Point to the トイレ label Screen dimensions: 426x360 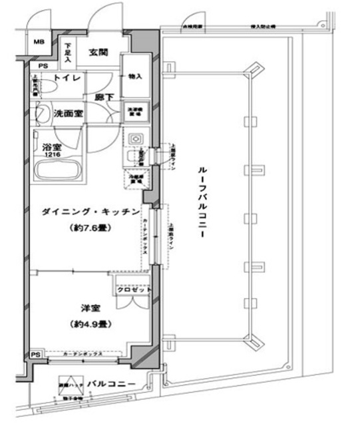click(x=68, y=79)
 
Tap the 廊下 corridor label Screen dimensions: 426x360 click(x=104, y=97)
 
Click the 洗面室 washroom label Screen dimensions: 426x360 click(x=69, y=114)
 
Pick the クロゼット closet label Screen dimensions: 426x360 click(x=134, y=290)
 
